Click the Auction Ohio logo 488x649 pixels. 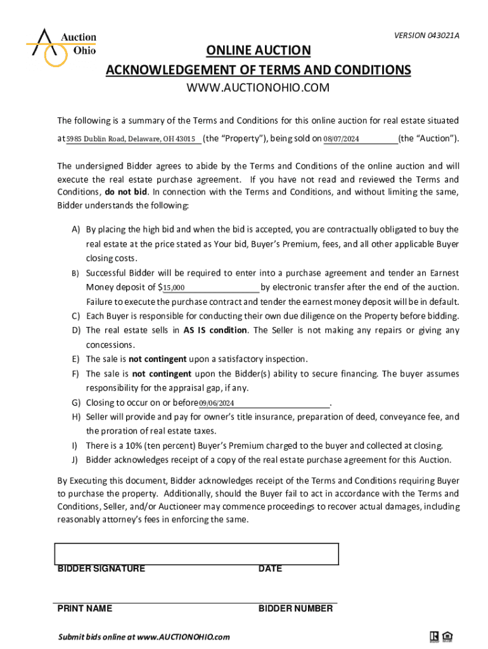click(61, 46)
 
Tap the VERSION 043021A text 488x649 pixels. click(426, 35)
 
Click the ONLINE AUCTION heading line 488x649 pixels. click(257, 51)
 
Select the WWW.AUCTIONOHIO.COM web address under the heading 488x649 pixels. click(257, 87)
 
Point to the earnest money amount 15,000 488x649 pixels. click(174, 288)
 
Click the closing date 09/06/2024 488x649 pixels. click(217, 403)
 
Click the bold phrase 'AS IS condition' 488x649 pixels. click(215, 330)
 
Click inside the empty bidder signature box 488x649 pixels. click(196, 553)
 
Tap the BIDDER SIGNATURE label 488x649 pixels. click(101, 569)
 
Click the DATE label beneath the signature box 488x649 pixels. click(270, 569)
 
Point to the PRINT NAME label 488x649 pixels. click(85, 608)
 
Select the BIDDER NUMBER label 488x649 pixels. click(295, 608)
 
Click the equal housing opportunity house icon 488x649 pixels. click(447, 636)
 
